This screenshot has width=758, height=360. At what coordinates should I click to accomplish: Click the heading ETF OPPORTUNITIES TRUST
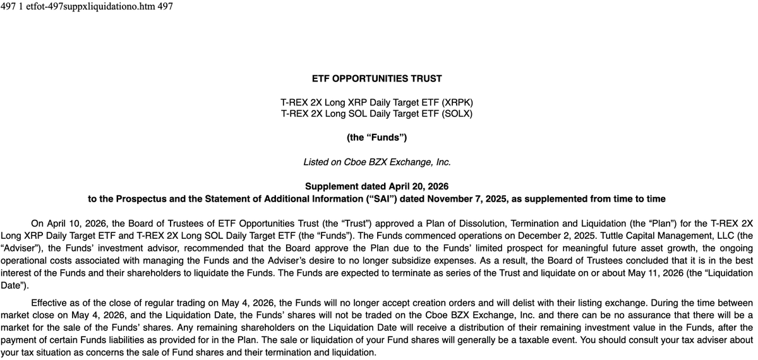(x=377, y=79)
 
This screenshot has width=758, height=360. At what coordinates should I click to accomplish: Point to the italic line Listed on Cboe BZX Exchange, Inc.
(x=377, y=162)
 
